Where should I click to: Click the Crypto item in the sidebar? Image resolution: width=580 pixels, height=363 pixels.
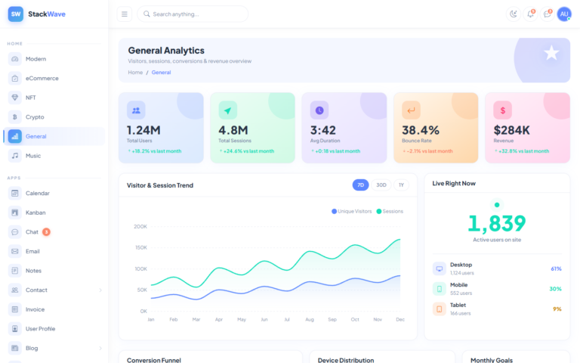click(35, 117)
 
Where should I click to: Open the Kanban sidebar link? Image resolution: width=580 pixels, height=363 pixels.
click(35, 213)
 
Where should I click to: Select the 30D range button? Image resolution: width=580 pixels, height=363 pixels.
click(381, 185)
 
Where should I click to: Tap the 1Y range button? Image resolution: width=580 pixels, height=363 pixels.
click(401, 185)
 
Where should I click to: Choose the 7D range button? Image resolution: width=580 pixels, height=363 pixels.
click(361, 185)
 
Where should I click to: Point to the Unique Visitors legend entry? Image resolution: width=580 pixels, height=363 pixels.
click(352, 211)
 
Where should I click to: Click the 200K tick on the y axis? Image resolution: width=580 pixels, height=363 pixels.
click(140, 226)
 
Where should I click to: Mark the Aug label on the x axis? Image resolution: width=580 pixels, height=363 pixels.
click(309, 320)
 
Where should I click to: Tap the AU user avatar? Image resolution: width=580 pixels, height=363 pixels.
click(564, 14)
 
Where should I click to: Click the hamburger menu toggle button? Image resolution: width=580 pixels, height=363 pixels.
click(125, 14)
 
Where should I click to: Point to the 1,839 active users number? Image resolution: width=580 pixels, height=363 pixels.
click(496, 223)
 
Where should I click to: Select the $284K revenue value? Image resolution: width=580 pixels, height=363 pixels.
click(512, 130)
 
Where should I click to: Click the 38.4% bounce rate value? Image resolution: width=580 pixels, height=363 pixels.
click(421, 130)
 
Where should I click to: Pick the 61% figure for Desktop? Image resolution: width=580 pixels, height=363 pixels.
click(556, 268)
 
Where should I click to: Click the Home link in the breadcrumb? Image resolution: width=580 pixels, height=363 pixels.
click(135, 73)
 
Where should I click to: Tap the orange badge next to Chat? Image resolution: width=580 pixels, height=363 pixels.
click(46, 232)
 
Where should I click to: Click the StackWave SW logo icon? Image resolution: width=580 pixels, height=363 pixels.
click(15, 14)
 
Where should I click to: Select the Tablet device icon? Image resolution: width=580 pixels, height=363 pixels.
click(439, 309)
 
